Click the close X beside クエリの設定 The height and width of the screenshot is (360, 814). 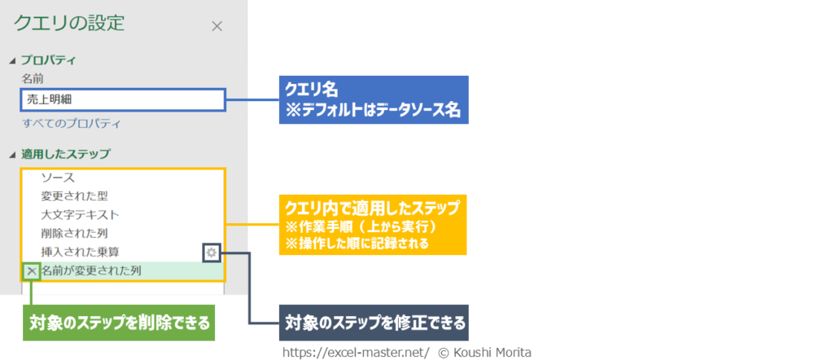click(x=217, y=26)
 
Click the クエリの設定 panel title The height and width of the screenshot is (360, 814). click(x=69, y=23)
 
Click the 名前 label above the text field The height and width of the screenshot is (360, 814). click(x=33, y=79)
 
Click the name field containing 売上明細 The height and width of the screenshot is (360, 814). click(x=122, y=99)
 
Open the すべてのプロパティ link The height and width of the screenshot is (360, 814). click(x=72, y=124)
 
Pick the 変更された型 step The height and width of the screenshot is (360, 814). click(x=74, y=195)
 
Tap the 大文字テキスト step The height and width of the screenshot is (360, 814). click(x=80, y=215)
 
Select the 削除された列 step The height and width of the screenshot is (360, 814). click(x=74, y=234)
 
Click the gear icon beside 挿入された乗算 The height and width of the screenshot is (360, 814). click(x=212, y=253)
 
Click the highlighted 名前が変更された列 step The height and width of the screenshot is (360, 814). click(x=91, y=270)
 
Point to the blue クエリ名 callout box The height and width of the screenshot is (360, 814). click(x=374, y=100)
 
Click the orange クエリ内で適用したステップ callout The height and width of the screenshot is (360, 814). click(x=373, y=224)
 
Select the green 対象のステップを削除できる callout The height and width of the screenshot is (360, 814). click(x=117, y=322)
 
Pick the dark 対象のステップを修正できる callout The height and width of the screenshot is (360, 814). click(x=374, y=322)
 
